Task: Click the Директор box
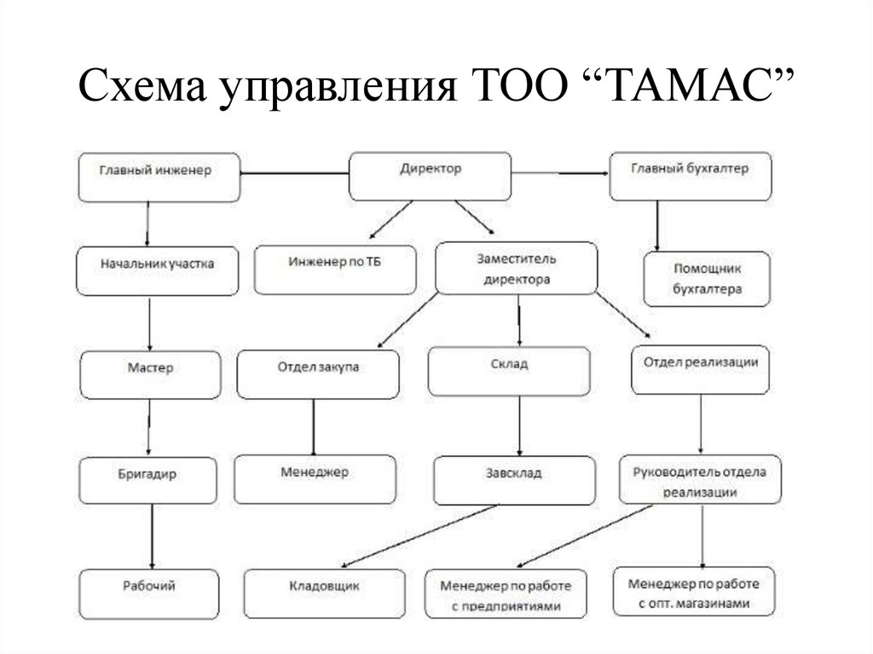pyautogui.click(x=431, y=174)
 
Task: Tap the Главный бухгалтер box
pyautogui.click(x=691, y=174)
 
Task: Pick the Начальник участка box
pyautogui.click(x=158, y=269)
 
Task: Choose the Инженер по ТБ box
pyautogui.click(x=335, y=269)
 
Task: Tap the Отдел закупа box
pyautogui.click(x=318, y=373)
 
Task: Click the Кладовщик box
pyautogui.click(x=325, y=593)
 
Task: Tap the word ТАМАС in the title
pyautogui.click(x=697, y=87)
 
